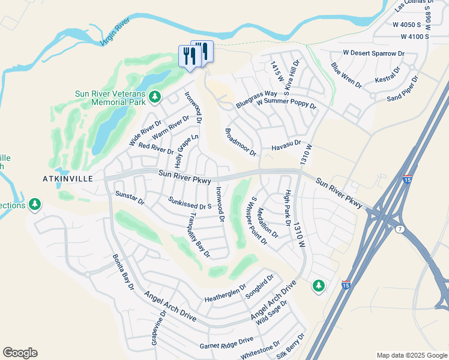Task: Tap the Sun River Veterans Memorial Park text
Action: pos(110,98)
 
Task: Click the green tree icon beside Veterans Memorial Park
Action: pos(155,96)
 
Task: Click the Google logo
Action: pos(20,353)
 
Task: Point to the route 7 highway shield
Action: pos(400,229)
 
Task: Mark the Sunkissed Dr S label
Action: pos(190,203)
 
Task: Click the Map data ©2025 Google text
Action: pos(412,355)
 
